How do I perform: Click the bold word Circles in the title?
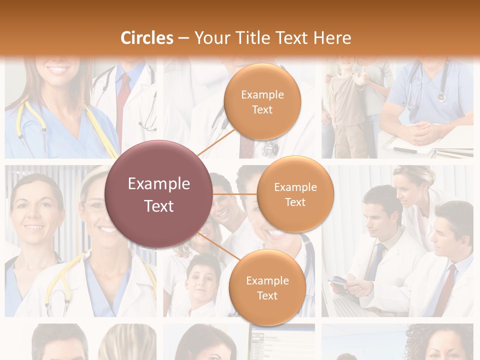coord(147,38)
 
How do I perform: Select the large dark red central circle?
coord(159,194)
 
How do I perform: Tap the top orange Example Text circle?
coord(262,102)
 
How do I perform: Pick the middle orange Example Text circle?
coord(295,194)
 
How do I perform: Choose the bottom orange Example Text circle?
coord(267,287)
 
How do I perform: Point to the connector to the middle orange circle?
coord(234,194)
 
